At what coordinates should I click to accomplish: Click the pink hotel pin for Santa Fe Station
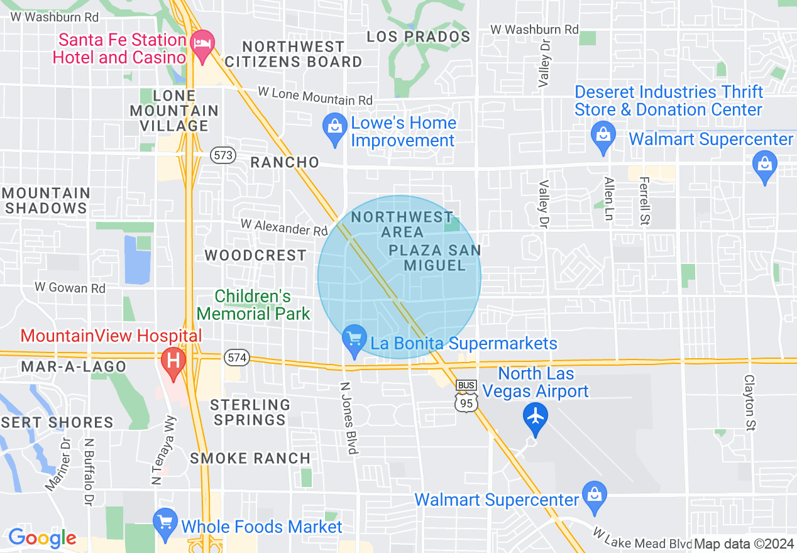pyautogui.click(x=202, y=45)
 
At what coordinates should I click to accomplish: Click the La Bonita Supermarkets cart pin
pyautogui.click(x=355, y=340)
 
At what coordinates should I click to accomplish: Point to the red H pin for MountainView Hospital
pyautogui.click(x=173, y=363)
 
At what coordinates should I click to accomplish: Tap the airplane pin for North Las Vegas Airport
pyautogui.click(x=536, y=417)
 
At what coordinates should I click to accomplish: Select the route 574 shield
pyautogui.click(x=237, y=358)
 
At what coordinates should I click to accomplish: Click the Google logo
pyautogui.click(x=41, y=538)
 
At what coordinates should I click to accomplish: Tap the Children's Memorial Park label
pyautogui.click(x=253, y=305)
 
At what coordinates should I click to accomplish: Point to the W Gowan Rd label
pyautogui.click(x=70, y=288)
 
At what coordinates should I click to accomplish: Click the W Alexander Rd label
pyautogui.click(x=284, y=227)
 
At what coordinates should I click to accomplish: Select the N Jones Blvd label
pyautogui.click(x=349, y=417)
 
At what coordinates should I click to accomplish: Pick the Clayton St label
pyautogui.click(x=749, y=403)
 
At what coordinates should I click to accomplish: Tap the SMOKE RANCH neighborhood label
pyautogui.click(x=250, y=458)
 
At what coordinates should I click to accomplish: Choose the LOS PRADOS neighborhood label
pyautogui.click(x=418, y=36)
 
